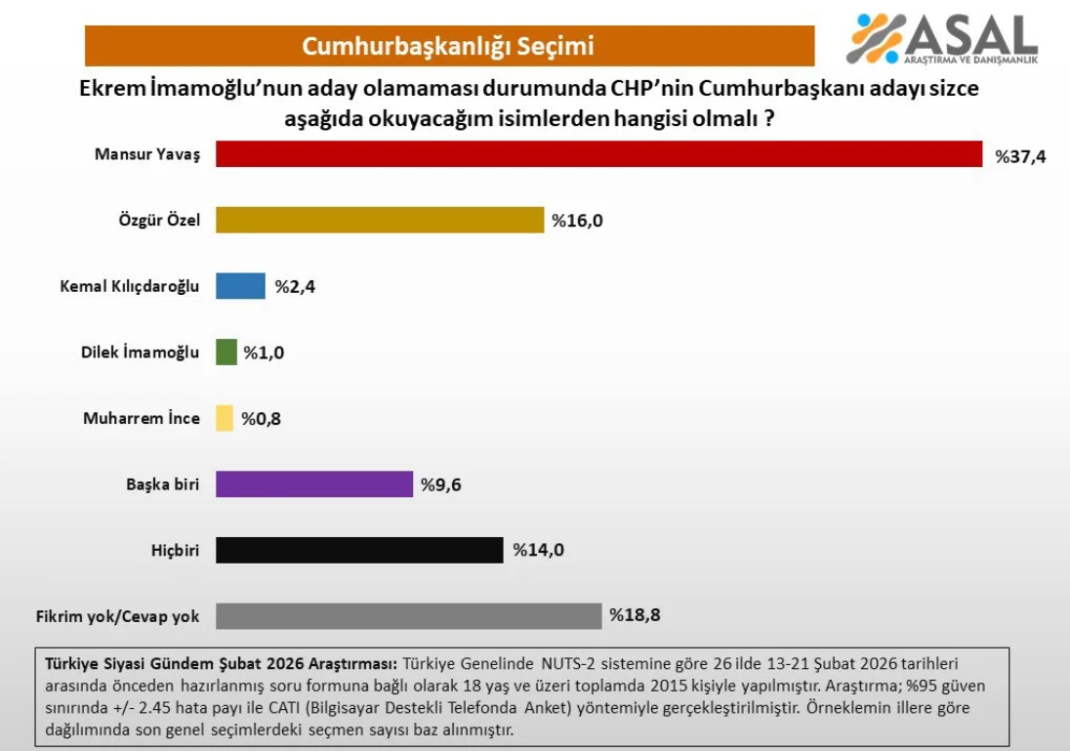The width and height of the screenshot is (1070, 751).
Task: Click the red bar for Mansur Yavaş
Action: click(x=598, y=154)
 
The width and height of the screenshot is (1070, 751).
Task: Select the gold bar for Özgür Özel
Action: click(x=379, y=220)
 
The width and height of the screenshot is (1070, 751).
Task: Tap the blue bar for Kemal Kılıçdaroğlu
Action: click(x=240, y=286)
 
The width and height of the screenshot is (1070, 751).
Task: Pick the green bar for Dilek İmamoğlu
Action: click(x=226, y=353)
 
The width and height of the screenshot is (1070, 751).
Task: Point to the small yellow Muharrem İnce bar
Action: click(x=225, y=418)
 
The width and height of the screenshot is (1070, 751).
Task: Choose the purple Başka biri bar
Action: click(x=313, y=484)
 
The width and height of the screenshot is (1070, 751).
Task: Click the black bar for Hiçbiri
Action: click(x=359, y=550)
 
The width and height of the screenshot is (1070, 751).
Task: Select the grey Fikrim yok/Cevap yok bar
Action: click(x=408, y=616)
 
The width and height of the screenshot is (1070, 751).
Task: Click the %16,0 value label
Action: click(x=578, y=221)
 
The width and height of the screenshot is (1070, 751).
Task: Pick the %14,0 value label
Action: click(x=539, y=550)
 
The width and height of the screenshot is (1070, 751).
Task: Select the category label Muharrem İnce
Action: click(x=142, y=418)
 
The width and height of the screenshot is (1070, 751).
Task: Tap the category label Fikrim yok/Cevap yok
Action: click(x=117, y=616)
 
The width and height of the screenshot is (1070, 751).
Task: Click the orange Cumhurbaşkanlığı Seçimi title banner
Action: click(x=449, y=46)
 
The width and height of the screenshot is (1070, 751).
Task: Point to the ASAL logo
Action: click(x=941, y=39)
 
